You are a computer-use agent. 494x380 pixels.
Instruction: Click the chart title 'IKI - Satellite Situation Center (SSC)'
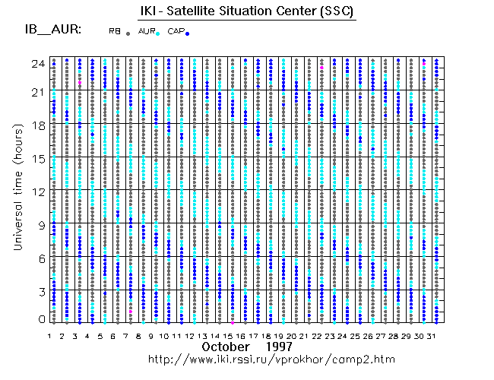pyautogui.click(x=246, y=11)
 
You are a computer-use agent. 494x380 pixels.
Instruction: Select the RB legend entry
pyautogui.click(x=115, y=31)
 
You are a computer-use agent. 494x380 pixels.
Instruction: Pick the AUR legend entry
pyautogui.click(x=146, y=31)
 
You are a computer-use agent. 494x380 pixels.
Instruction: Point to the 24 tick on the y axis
pyautogui.click(x=37, y=64)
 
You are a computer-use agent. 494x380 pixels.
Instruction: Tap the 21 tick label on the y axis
pyautogui.click(x=37, y=93)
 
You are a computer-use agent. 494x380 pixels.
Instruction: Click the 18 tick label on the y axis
pyautogui.click(x=37, y=125)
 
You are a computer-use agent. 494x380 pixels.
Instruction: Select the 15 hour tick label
pyautogui.click(x=37, y=158)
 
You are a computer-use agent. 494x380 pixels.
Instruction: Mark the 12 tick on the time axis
pyautogui.click(x=37, y=191)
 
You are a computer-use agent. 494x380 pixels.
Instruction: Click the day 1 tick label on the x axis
pyautogui.click(x=49, y=335)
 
